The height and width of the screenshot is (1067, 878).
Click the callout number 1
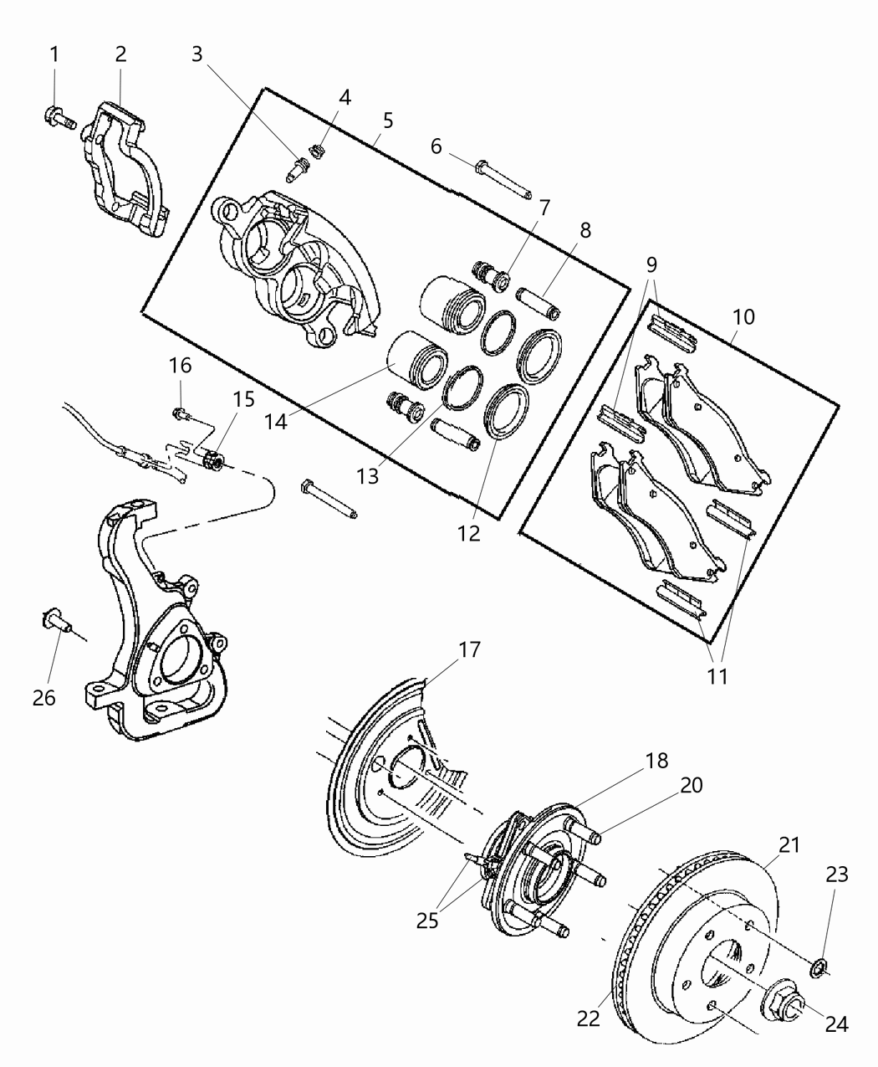(x=54, y=55)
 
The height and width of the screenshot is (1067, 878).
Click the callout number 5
(x=387, y=120)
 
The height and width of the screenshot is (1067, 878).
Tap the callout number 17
(x=469, y=649)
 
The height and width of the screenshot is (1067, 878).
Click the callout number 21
(x=789, y=844)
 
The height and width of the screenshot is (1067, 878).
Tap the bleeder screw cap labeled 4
(x=317, y=151)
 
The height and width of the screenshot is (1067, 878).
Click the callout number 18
(x=657, y=761)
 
